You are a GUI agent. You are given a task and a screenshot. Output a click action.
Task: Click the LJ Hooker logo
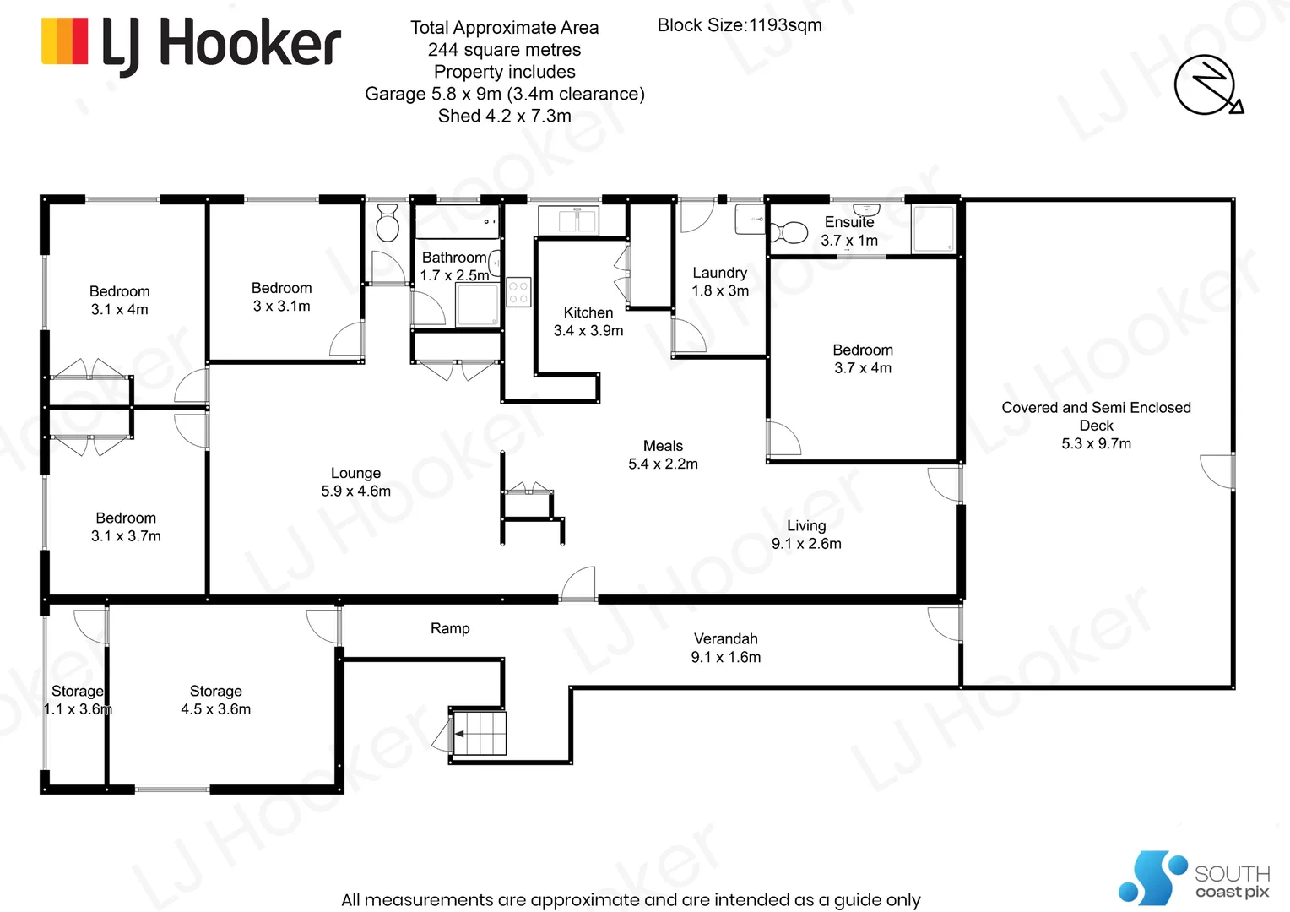tap(191, 44)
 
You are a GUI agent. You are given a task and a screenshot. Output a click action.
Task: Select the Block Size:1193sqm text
tap(739, 25)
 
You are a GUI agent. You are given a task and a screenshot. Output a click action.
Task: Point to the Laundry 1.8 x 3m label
tap(719, 281)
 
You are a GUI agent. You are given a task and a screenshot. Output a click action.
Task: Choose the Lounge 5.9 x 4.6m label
tap(355, 482)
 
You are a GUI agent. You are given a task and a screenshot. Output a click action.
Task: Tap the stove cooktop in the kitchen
tap(518, 292)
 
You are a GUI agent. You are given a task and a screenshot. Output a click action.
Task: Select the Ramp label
tap(450, 628)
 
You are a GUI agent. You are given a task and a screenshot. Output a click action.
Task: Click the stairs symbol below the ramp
tap(480, 733)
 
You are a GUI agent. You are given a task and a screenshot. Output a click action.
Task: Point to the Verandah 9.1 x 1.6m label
tap(725, 648)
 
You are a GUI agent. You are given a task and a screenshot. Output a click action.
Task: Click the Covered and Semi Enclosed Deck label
tap(1096, 425)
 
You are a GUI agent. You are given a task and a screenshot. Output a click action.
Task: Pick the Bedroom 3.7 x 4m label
tap(862, 359)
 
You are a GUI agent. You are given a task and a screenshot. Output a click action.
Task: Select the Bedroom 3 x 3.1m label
tap(281, 297)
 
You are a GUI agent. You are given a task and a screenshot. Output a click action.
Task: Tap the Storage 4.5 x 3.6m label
tap(215, 700)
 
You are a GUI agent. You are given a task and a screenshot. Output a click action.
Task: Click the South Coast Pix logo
tap(1192, 878)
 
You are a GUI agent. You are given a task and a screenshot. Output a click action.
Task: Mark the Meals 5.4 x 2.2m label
tap(663, 454)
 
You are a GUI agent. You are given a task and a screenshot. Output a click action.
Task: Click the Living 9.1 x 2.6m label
tap(806, 535)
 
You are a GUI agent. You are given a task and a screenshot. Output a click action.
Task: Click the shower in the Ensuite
tap(933, 228)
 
